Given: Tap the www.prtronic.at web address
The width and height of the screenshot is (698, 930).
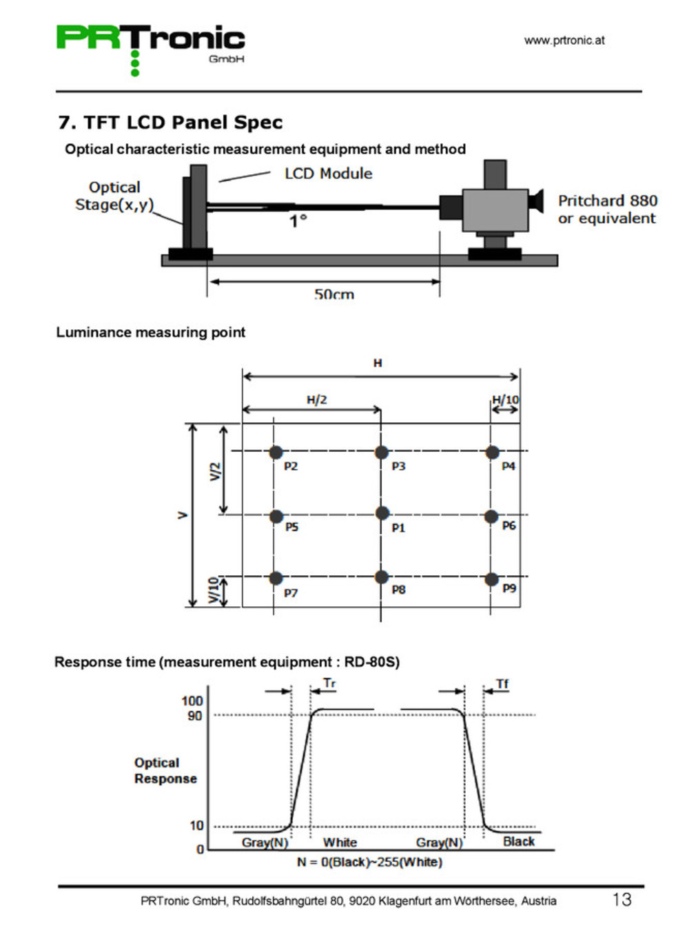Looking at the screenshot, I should click(x=564, y=40).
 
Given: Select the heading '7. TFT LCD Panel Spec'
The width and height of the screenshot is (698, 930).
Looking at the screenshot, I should click(x=170, y=123).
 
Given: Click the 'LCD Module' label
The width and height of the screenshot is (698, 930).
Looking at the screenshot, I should click(x=328, y=174).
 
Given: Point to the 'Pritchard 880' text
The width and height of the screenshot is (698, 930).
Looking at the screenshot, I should click(x=607, y=200).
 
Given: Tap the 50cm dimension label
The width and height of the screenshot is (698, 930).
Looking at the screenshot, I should click(x=333, y=294).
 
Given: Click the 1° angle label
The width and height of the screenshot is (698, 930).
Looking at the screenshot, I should click(x=298, y=220).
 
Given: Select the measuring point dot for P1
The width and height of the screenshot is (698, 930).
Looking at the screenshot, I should click(x=382, y=513).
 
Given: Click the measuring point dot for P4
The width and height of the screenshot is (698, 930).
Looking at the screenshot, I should click(x=492, y=452).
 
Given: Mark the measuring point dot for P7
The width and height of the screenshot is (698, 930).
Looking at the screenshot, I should click(x=276, y=578).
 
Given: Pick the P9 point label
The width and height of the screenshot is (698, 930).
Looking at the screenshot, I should click(x=509, y=588).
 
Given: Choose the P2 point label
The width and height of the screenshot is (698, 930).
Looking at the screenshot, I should click(x=291, y=466).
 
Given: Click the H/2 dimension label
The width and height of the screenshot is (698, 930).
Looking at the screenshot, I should click(x=317, y=400).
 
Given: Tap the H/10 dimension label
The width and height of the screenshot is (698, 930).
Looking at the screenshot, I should click(x=505, y=400).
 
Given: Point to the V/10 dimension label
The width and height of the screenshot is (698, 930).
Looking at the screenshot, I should click(x=214, y=590).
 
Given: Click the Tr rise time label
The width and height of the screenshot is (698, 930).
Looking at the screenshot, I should click(x=329, y=683).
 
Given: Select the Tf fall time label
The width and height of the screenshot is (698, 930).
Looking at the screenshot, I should click(x=502, y=683).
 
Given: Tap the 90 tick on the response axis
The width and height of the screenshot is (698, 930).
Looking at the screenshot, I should click(x=195, y=716).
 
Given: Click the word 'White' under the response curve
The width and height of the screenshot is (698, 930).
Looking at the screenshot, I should click(x=340, y=842).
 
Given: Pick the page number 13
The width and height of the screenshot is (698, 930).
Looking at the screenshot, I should click(x=622, y=899).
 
